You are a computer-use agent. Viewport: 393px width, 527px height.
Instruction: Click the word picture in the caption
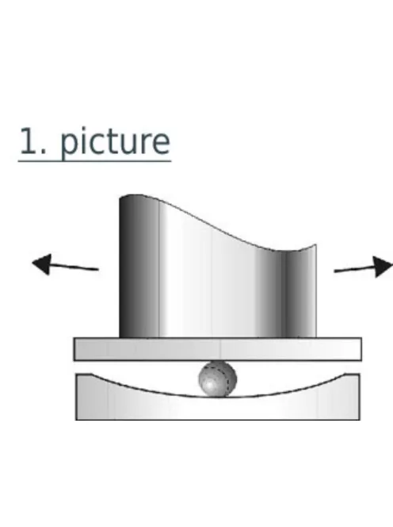point(115,142)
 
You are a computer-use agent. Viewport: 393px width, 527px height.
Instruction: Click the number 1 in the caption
point(29,140)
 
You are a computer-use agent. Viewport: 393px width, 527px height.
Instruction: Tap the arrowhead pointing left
point(43,264)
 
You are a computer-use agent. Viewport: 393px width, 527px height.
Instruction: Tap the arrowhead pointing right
point(383,267)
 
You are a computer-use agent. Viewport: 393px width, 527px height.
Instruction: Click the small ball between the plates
point(217,379)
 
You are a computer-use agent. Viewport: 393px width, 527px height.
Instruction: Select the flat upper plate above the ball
point(217,349)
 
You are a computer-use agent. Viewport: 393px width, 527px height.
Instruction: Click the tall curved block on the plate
point(217,269)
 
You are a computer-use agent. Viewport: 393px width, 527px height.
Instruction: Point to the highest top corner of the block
point(120,198)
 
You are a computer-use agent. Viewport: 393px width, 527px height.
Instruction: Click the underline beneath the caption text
point(94,161)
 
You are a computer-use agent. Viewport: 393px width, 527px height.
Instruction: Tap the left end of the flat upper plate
point(74,349)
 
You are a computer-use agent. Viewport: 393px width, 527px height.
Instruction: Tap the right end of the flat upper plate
point(361,349)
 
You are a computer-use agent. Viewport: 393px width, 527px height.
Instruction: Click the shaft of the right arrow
point(354,269)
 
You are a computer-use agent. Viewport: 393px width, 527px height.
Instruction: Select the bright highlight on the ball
point(210,383)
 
